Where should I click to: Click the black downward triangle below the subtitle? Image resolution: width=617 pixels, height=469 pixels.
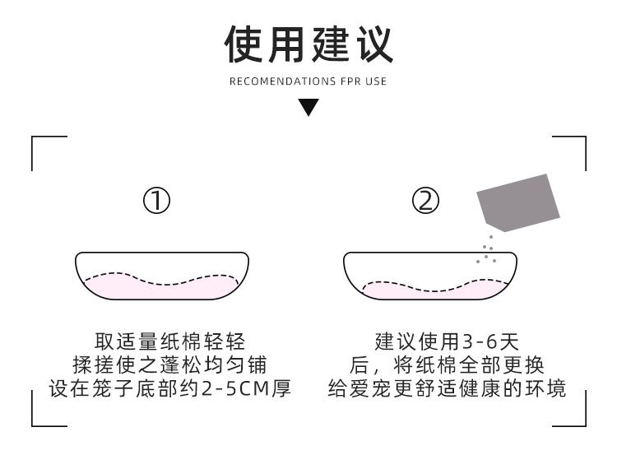[308, 107]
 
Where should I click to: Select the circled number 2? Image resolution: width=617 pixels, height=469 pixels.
[425, 201]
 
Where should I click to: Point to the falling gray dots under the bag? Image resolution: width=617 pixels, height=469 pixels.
[487, 250]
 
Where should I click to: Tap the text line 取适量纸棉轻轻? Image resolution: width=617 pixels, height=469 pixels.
[170, 341]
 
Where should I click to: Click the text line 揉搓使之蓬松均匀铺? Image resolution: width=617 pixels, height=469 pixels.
[170, 365]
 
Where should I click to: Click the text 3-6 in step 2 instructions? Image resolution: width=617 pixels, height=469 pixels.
[479, 341]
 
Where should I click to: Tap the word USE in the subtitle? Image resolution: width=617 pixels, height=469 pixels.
[377, 81]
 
